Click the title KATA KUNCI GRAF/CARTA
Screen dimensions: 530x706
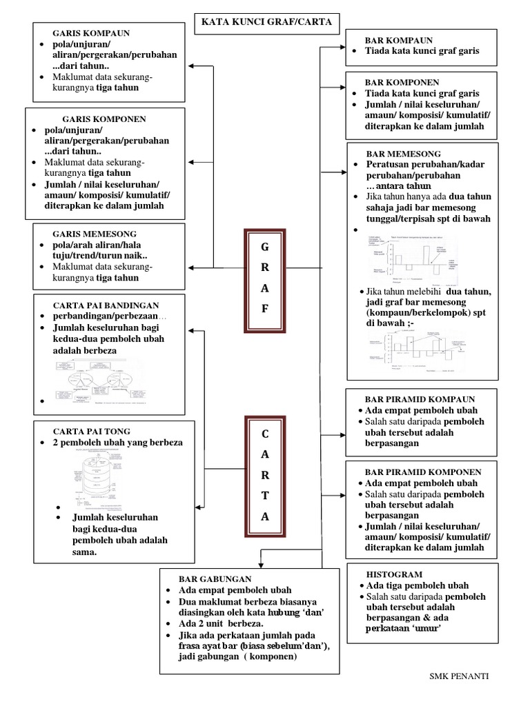tap(266, 22)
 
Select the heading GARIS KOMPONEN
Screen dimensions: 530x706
tap(104, 119)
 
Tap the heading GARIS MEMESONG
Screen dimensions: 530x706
tap(95, 234)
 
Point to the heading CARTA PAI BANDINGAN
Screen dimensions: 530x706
tap(106, 305)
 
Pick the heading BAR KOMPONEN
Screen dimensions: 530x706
tap(402, 81)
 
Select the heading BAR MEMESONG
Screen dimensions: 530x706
tap(403, 153)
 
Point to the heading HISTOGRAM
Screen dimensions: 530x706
tap(394, 574)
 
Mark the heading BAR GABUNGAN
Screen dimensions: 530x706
tap(215, 578)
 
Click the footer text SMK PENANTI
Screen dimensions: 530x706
tap(459, 676)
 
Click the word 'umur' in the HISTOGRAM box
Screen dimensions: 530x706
tap(429, 629)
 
